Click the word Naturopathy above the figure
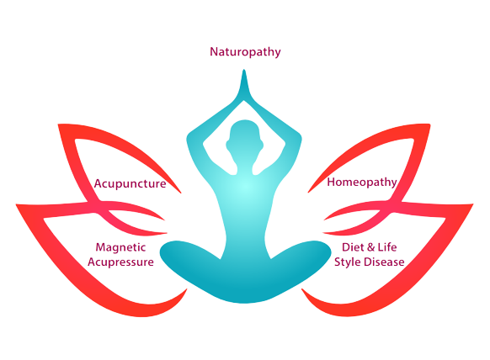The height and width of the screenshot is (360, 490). click(x=245, y=52)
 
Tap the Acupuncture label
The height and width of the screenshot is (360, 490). click(x=130, y=183)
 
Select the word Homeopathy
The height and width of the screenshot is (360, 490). click(x=362, y=182)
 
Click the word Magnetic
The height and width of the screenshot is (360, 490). click(x=120, y=247)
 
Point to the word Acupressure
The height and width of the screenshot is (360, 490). click(x=120, y=262)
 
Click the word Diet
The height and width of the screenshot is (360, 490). click(x=353, y=247)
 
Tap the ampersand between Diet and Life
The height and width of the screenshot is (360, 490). click(x=370, y=247)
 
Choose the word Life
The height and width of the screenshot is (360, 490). click(x=387, y=247)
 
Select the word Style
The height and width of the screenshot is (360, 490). click(x=348, y=262)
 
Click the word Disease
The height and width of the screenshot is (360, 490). click(x=385, y=262)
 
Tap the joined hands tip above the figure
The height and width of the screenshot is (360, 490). click(x=244, y=71)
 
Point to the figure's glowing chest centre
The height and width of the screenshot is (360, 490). click(x=245, y=188)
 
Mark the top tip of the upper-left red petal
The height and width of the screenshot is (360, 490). click(x=58, y=124)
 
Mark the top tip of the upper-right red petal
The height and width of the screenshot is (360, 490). click(x=430, y=124)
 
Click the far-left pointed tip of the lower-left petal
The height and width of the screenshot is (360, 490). click(x=16, y=205)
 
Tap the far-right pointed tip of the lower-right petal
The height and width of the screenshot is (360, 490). click(x=473, y=204)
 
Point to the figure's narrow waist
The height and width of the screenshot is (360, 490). click(x=245, y=237)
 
